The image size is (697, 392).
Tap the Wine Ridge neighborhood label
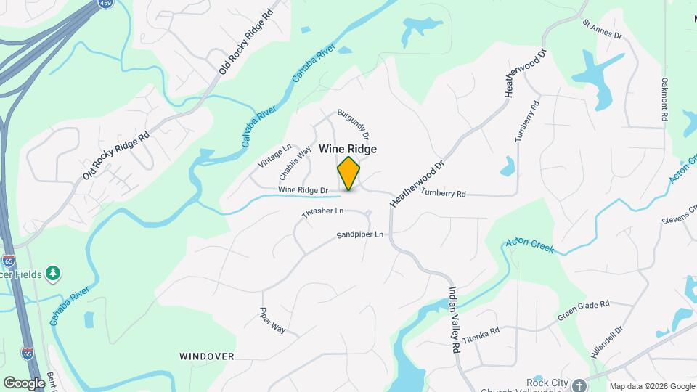[348, 149]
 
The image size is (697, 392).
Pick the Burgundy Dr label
[354, 125]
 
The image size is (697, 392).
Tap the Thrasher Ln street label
[322, 212]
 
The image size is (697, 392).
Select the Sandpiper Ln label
[360, 236]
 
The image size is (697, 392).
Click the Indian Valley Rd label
[454, 319]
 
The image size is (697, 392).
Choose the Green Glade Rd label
[582, 311]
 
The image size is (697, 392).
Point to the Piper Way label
[273, 320]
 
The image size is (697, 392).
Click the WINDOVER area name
[207, 356]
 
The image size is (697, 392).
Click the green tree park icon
[52, 273]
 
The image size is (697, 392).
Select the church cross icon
[579, 385]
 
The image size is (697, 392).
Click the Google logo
[24, 383]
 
